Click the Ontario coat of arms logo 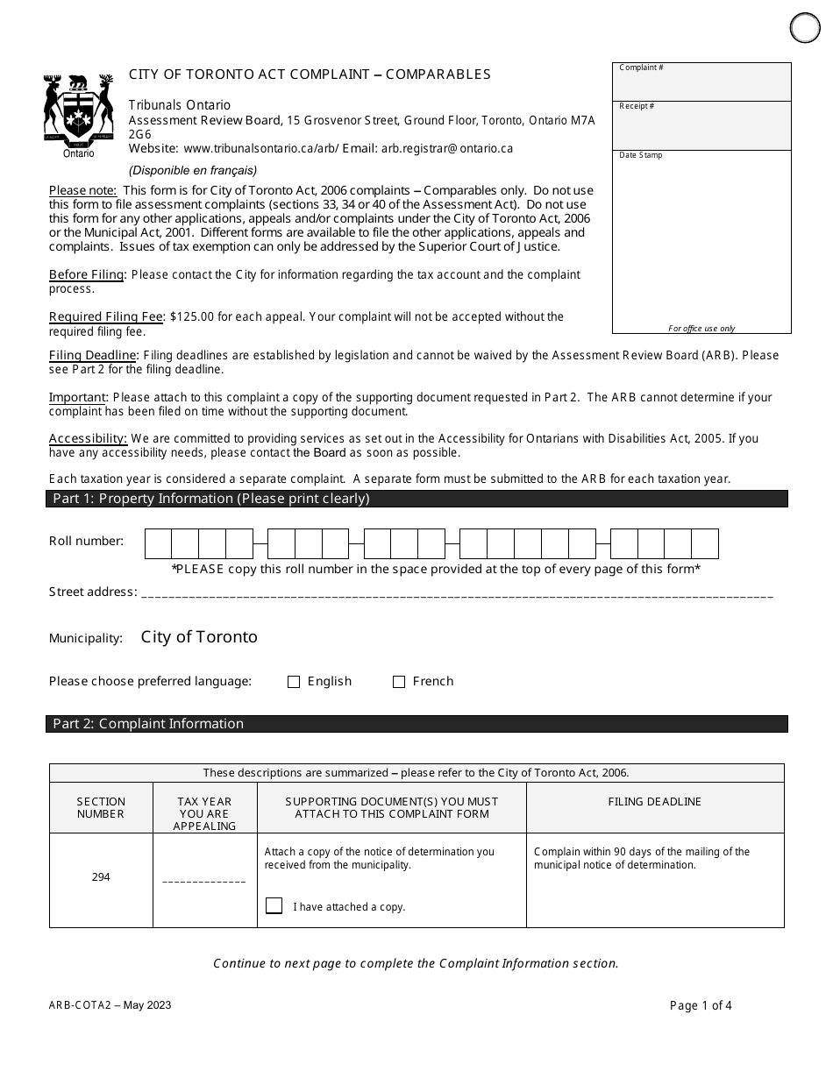tap(78, 110)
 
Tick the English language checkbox tap(294, 682)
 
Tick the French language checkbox tap(399, 682)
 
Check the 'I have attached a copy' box tap(274, 906)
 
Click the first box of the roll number tap(158, 543)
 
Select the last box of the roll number tap(705, 543)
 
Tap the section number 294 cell tap(101, 877)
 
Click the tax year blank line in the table tap(204, 879)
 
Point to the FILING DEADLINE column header tap(654, 802)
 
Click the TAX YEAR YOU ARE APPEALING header tap(204, 813)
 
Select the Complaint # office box tap(701, 82)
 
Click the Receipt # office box tap(701, 125)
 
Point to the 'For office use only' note tap(701, 329)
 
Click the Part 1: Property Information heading tap(211, 499)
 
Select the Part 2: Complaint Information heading tap(148, 724)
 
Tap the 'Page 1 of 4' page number tap(701, 1005)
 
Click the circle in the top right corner tap(805, 28)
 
